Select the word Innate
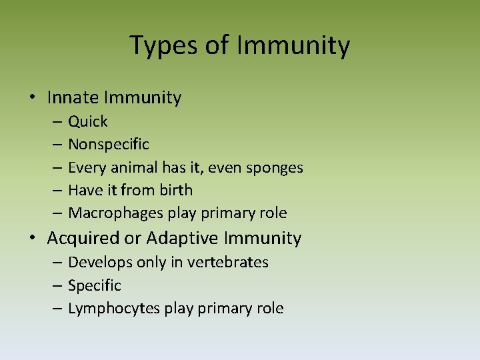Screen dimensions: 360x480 coord(73,98)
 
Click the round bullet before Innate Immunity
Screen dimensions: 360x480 coord(31,98)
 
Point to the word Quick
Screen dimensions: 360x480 coord(88,121)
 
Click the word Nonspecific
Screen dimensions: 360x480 coord(109,144)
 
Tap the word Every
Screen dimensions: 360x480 coord(84,167)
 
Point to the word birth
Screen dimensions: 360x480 coord(176,190)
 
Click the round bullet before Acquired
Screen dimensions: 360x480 coord(31,238)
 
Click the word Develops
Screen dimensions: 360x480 coord(100,262)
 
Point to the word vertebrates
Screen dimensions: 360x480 coord(228,262)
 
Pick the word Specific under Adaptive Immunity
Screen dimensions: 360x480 coord(95,285)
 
